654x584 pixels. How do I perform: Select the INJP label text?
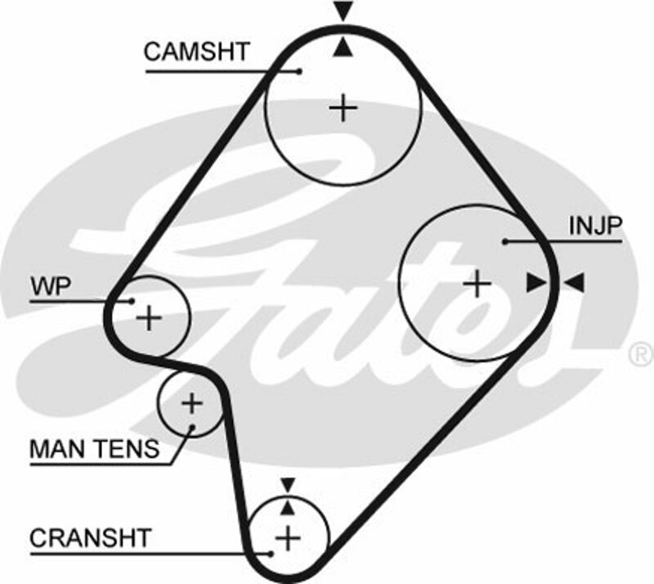coord(596,225)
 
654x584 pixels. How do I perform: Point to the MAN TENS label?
coord(94,448)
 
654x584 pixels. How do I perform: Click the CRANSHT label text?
coord(90,538)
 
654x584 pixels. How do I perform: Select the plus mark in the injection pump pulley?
coord(476,284)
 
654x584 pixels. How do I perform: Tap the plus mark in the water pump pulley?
coord(150,317)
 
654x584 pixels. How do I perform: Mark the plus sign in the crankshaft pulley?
coord(287,538)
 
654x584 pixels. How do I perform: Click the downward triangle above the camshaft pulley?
coord(343,12)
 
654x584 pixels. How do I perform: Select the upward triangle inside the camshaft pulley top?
coord(343,48)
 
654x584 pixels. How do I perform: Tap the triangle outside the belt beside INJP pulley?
coord(576,283)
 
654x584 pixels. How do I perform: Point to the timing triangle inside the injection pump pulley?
coord(535,283)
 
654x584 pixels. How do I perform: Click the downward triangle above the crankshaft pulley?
coord(287,485)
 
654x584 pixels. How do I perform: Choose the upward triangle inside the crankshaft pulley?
coord(287,507)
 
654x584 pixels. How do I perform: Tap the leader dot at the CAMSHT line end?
coord(299,71)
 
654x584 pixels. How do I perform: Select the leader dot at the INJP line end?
coord(506,241)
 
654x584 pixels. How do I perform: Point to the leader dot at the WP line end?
coord(131,300)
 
